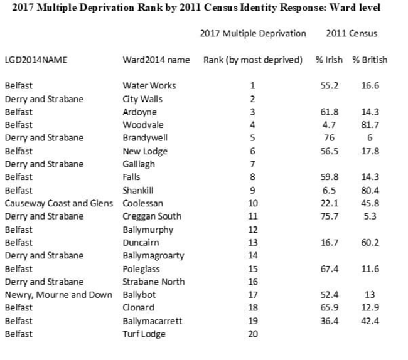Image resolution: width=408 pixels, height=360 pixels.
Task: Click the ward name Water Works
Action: (149, 85)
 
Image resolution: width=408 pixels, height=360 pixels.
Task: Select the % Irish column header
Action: (329, 60)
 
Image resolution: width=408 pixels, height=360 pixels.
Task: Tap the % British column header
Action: (370, 60)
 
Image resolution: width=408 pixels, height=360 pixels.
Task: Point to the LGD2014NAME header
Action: (36, 60)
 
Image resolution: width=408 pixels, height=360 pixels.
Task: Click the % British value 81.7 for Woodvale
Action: (370, 125)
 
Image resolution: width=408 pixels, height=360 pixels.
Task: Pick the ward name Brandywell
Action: (145, 138)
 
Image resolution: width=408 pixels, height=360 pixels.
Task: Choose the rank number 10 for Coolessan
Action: (253, 203)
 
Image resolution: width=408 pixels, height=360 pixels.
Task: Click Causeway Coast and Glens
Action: (59, 203)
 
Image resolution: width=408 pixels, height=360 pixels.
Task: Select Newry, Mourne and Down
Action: (58, 295)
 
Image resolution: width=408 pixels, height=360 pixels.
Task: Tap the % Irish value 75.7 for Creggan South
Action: (329, 216)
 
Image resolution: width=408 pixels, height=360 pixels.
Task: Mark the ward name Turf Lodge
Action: (144, 334)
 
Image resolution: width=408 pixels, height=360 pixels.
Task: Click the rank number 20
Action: (253, 334)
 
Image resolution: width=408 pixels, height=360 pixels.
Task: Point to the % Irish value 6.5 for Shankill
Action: (329, 190)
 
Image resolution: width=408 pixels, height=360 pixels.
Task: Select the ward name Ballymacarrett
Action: (153, 321)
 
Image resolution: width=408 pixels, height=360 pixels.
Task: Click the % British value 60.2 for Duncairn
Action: (370, 243)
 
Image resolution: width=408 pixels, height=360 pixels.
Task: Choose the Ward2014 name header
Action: (156, 60)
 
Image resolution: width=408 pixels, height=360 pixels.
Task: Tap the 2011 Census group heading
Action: (352, 33)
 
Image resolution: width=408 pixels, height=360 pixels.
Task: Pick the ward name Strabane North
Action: (154, 282)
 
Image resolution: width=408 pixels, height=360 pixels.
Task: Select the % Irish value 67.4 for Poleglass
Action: (329, 269)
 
